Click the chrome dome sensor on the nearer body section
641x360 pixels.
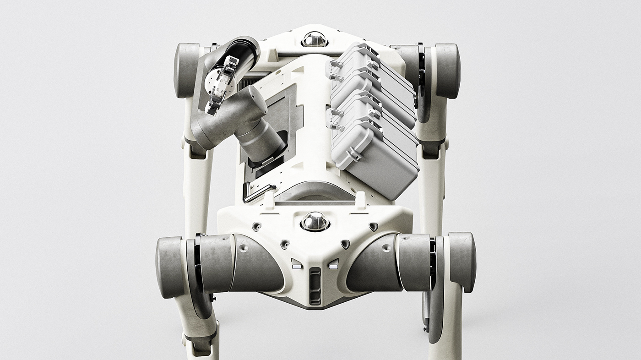click(x=315, y=221)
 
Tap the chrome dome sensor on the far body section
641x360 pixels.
click(x=315, y=40)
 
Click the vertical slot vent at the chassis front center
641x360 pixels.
click(x=315, y=286)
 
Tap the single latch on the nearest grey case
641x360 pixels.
click(x=354, y=155)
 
